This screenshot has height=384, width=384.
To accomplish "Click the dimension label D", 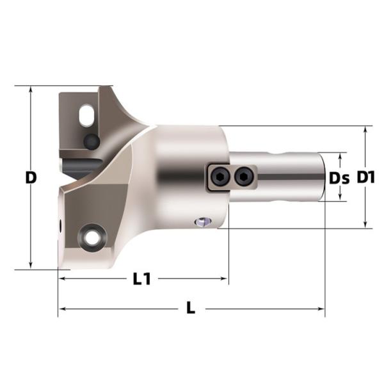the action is [31, 177].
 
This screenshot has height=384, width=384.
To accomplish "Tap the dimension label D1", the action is [365, 177].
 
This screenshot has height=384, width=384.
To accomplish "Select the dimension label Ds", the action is [339, 178].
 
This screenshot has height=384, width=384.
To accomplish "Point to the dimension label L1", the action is [142, 279].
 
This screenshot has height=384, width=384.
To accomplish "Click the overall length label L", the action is [191, 308].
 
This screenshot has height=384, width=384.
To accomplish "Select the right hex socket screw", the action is [243, 176].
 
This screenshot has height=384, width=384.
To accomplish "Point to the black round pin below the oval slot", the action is [92, 141].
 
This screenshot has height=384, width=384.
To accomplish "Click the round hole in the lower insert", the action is [92, 237].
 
